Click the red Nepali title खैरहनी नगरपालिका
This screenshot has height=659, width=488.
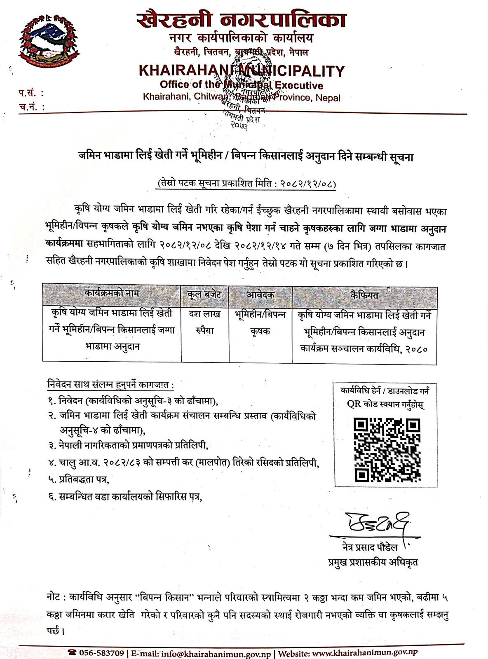[241, 20]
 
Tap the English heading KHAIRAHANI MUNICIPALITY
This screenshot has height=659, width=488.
[242, 71]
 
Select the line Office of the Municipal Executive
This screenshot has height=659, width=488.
[242, 85]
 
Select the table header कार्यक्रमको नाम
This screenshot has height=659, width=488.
[112, 294]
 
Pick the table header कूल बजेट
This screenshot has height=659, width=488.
[204, 295]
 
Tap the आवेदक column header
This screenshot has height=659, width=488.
[260, 295]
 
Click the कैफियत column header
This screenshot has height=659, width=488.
[364, 295]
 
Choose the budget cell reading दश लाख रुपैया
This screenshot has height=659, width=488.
[204, 322]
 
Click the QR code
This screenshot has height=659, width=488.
[387, 450]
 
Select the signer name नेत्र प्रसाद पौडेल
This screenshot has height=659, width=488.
[370, 547]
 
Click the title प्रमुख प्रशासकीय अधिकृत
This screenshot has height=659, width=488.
[373, 562]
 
